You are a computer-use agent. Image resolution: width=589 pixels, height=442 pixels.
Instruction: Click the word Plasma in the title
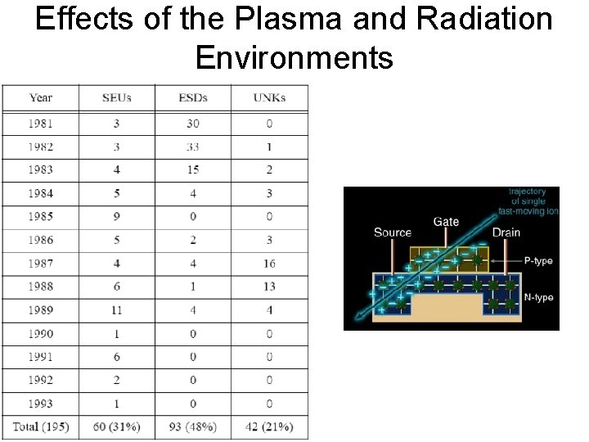232,20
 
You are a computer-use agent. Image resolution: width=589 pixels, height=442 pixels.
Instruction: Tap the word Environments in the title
294,57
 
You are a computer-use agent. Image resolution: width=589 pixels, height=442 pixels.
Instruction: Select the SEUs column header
117,98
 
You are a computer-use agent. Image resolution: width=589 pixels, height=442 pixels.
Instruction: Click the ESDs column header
193,98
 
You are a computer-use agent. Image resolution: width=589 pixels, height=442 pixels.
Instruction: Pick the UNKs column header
269,98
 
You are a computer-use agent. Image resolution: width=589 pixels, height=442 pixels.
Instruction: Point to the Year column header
41,98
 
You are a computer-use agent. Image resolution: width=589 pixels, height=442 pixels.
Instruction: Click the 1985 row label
41,217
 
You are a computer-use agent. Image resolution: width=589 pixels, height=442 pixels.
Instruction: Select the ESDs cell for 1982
193,147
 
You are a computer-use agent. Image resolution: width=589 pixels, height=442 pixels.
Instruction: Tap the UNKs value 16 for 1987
269,264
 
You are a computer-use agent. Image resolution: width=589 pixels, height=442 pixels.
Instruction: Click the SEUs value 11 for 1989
117,310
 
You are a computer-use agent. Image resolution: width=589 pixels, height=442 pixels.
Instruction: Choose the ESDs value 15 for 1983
193,170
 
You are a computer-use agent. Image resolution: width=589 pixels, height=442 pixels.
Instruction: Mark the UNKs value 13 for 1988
269,286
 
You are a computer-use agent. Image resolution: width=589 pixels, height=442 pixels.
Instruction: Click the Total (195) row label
41,426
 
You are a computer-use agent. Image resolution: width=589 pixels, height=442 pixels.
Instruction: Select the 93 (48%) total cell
193,426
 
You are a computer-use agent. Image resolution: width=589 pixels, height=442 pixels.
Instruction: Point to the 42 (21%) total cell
269,426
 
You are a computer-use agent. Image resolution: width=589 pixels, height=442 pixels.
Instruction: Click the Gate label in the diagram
446,222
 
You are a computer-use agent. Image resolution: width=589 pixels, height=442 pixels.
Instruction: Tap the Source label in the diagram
393,232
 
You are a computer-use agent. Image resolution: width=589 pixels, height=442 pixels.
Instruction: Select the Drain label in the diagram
506,232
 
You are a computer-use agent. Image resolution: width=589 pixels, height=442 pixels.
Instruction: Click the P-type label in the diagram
538,261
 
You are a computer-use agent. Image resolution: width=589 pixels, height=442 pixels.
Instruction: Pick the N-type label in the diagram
538,298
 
